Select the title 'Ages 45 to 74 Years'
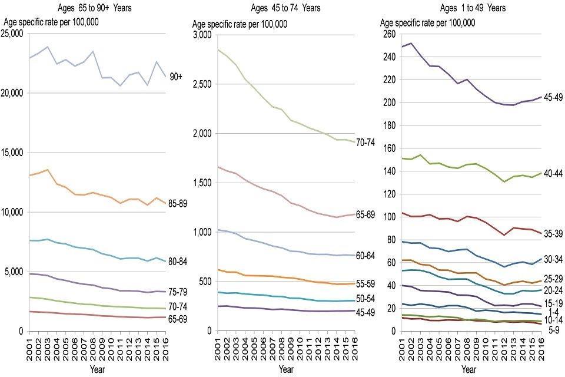pyautogui.click(x=286, y=8)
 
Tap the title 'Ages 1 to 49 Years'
pyautogui.click(x=473, y=8)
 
